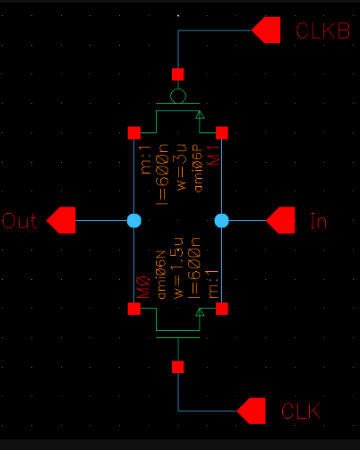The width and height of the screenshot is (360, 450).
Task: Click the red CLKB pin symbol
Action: (266, 30)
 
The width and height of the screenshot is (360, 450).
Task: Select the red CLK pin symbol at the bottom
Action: (252, 411)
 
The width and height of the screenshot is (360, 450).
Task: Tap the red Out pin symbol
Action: (61, 219)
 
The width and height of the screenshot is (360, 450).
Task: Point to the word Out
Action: (21, 220)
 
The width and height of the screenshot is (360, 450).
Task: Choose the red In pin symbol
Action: (280, 219)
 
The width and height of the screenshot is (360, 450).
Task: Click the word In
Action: (317, 220)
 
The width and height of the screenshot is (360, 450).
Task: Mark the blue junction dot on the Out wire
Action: (133, 219)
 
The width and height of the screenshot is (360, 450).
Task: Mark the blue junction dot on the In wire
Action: (222, 219)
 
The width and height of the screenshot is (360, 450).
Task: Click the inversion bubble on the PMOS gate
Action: (178, 95)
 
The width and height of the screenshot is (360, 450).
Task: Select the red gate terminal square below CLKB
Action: (178, 73)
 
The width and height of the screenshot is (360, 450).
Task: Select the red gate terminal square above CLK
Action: (178, 367)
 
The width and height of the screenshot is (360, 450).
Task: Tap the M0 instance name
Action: (143, 288)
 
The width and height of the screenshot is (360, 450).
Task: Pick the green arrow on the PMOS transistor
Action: (200, 115)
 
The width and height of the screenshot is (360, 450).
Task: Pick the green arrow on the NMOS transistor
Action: (200, 312)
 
